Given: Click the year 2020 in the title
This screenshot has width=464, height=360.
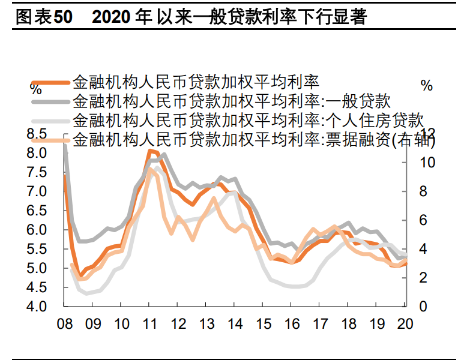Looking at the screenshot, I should tap(112, 17).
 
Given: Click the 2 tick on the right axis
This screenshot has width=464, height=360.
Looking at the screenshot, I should tap(423, 278).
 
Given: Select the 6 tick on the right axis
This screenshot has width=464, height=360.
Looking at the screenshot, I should tap(423, 220).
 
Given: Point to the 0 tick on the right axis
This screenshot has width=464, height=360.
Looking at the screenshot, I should tap(423, 307).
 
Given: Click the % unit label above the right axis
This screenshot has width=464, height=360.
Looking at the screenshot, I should tap(427, 86).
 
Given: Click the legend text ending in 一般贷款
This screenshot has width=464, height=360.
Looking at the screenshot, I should tap(231, 101).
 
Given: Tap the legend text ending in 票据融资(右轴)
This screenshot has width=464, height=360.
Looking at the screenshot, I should tap(253, 140).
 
